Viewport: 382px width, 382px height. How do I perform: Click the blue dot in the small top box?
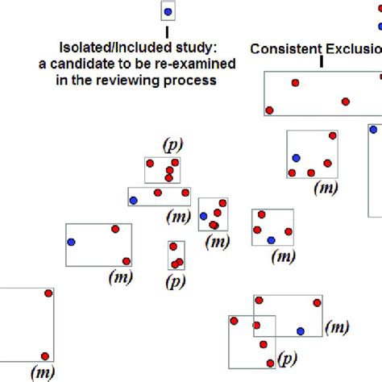tap(168, 11)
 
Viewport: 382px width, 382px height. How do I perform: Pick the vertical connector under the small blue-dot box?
tap(168, 31)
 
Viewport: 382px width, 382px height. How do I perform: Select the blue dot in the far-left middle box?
tap(72, 242)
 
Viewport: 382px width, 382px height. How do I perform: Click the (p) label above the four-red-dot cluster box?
tap(172, 145)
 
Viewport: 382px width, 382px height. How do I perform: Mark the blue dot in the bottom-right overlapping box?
tap(301, 330)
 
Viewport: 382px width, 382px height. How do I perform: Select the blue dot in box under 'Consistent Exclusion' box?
tap(296, 158)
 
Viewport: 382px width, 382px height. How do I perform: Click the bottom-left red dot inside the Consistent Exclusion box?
tap(270, 110)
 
